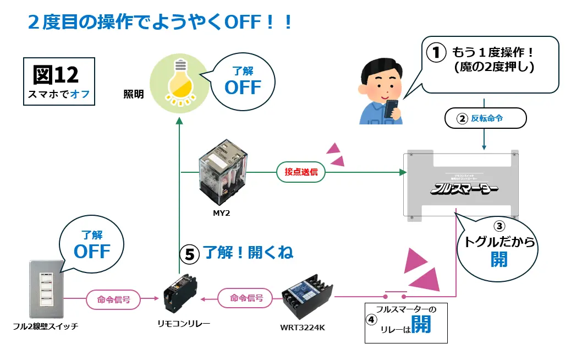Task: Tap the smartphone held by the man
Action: coord(392,107)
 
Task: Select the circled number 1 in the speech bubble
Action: coord(436,53)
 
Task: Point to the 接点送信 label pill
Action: coord(301,172)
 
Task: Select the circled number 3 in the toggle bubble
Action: coord(499,226)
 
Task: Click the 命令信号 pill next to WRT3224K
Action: coord(246,298)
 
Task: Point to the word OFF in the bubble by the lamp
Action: coord(243,88)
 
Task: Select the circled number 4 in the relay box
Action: coord(372,319)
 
